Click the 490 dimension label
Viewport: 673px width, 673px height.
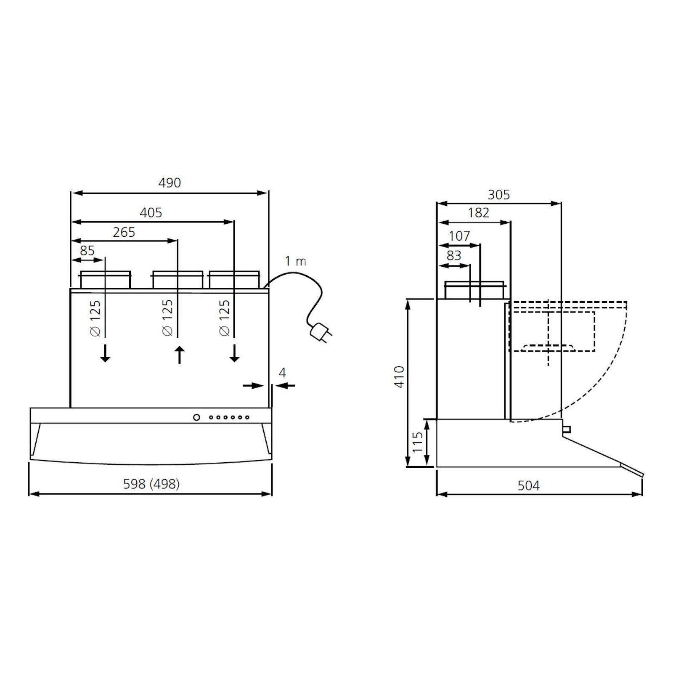170,183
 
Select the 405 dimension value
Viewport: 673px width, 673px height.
151,212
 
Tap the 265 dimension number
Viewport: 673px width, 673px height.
124,232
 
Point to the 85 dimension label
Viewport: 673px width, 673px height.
87,251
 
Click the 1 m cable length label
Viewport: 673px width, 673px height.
296,261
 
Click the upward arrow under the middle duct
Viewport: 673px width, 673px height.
180,355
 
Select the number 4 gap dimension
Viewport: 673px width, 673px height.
282,373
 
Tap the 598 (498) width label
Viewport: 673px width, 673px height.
151,484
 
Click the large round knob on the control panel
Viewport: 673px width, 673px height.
196,417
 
